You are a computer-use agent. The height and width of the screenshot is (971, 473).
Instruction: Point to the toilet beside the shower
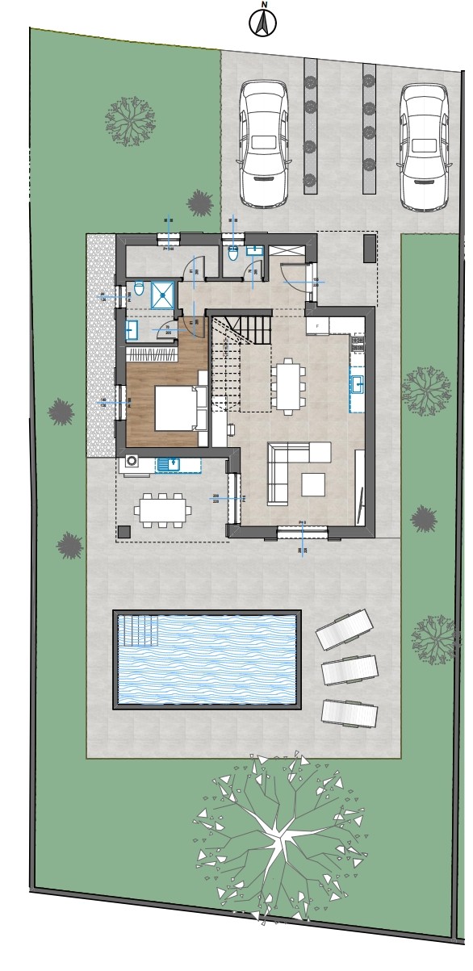coord(139,288)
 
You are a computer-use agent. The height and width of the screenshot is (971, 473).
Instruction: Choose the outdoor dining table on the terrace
coord(164,509)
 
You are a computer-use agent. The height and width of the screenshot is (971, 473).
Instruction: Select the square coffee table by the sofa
coord(314,483)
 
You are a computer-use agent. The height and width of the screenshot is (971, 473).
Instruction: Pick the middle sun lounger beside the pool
coord(350,670)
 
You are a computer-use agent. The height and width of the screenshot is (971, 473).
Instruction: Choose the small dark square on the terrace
coord(124,532)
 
